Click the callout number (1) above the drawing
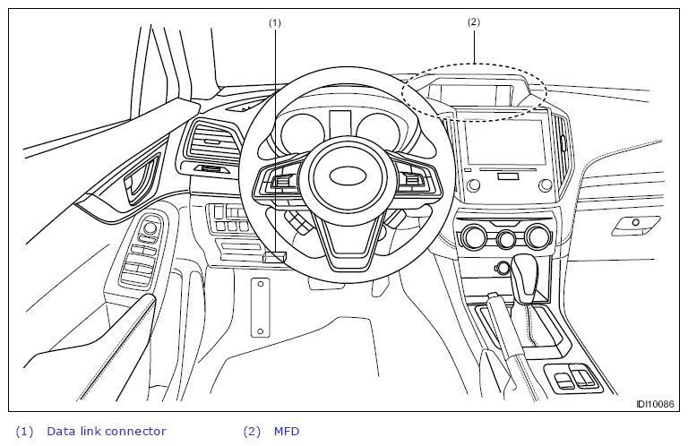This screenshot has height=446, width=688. pos(275,22)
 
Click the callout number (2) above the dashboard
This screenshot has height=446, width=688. pos(473,21)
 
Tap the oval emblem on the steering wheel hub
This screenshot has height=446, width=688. pos(348,176)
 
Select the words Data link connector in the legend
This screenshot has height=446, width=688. pos(107,432)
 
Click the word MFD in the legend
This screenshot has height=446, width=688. pos(287,432)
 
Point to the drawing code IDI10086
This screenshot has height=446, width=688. pos(655,404)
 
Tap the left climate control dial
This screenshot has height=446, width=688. pos(473,236)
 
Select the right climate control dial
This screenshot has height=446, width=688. pos(537,236)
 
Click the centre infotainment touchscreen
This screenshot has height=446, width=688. pos(504,142)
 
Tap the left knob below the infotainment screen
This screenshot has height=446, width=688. pos(473,184)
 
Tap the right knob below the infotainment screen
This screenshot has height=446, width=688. pos(545,184)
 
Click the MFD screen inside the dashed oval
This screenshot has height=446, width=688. pos(470,96)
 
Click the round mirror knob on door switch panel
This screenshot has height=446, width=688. pos(150,227)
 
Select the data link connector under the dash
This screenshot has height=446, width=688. pos(274,257)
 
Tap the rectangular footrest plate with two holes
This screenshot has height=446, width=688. pos(260,307)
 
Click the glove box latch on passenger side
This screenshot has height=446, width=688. pos(635,226)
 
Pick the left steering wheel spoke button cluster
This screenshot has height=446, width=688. pos(280,181)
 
